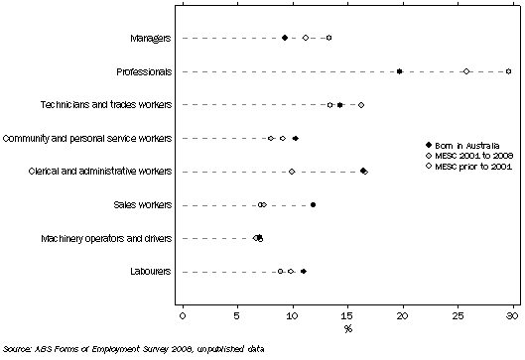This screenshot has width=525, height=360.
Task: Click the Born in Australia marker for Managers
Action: tap(285, 38)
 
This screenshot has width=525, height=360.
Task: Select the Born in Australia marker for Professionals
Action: tap(399, 71)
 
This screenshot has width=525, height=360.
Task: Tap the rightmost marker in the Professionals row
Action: tap(509, 71)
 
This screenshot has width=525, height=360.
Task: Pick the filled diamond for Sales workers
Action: tap(314, 205)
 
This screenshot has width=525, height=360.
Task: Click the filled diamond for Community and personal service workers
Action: tap(296, 138)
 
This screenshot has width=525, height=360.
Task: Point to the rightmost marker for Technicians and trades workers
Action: tap(361, 104)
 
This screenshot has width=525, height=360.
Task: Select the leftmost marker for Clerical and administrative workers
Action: tap(292, 172)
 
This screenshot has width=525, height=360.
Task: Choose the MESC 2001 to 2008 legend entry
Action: tap(457, 155)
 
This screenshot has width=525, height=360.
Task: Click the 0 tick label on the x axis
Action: tap(183, 315)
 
